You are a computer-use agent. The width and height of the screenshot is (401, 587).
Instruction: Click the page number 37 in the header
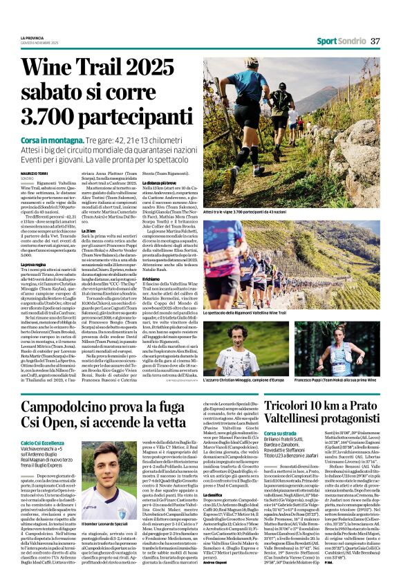coord(375,41)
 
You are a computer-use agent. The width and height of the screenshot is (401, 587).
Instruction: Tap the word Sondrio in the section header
coord(351,41)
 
